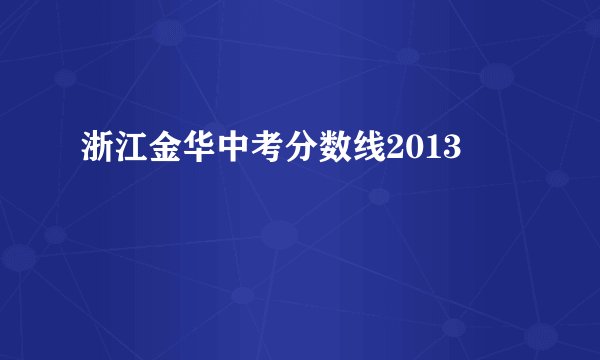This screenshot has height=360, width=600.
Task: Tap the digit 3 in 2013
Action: click(452, 151)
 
